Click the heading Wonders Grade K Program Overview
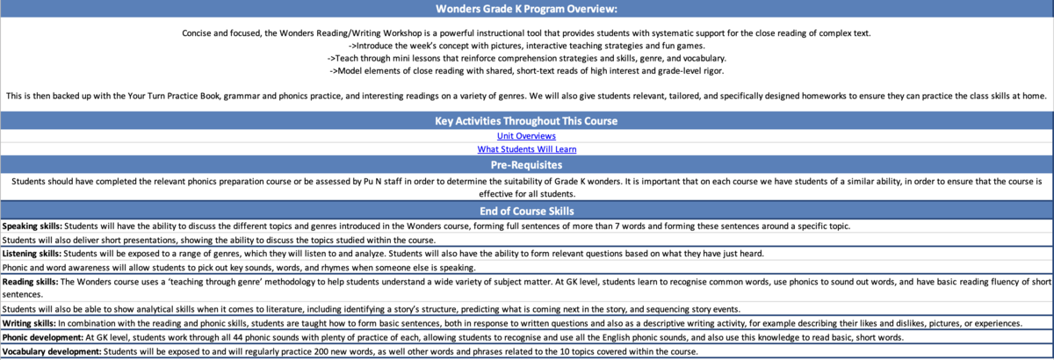point(526,9)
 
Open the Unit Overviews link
point(526,135)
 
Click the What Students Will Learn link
point(526,149)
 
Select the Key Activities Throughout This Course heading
point(526,120)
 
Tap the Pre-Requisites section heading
point(526,164)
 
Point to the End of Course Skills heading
point(526,211)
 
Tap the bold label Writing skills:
point(31,323)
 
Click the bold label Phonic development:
point(42,337)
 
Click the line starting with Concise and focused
point(526,32)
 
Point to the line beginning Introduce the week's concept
point(526,45)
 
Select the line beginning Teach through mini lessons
point(526,57)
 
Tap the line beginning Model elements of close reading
point(526,69)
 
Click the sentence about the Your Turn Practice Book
point(526,94)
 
